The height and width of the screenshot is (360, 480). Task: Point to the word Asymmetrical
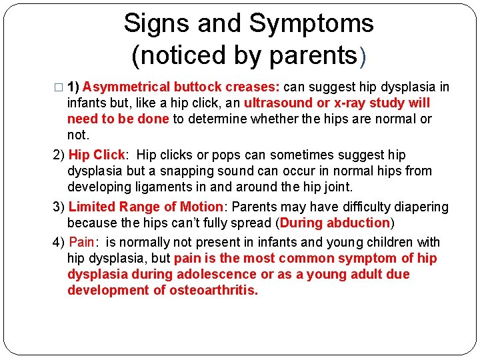pyautogui.click(x=125, y=87)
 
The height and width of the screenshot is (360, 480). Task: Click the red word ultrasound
pyautogui.click(x=279, y=103)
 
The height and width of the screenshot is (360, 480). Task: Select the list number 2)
pyautogui.click(x=59, y=155)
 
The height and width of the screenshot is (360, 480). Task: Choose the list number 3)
pyautogui.click(x=59, y=207)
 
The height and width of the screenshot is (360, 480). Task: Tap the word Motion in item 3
pyautogui.click(x=198, y=207)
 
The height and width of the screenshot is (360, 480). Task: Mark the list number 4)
pyautogui.click(x=59, y=242)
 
